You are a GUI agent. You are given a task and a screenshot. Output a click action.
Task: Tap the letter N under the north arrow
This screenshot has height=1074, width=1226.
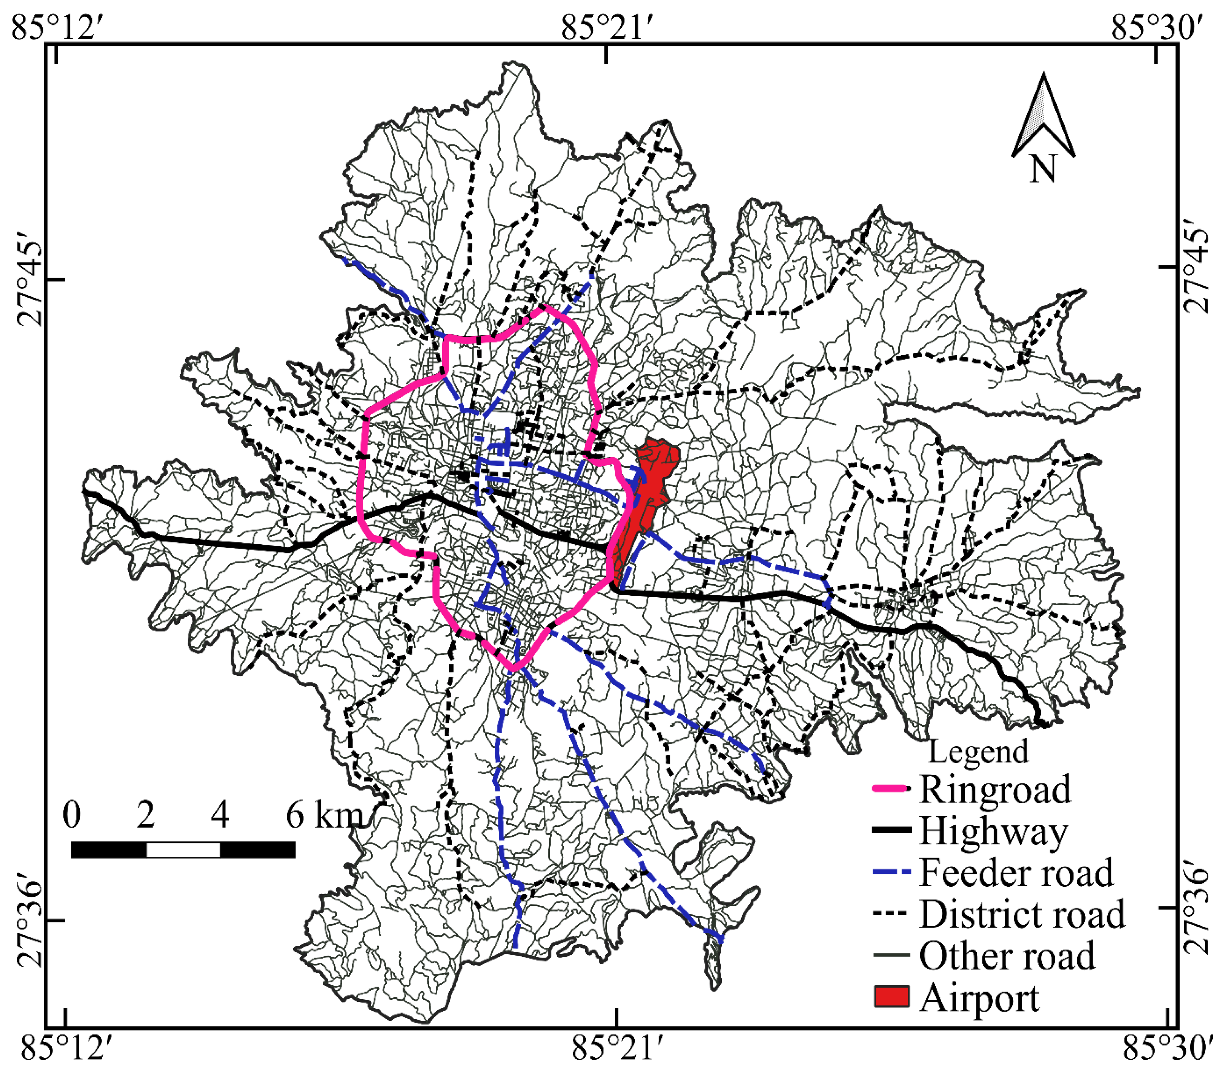(1043, 169)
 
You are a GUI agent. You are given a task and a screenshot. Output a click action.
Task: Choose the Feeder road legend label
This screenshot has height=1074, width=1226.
(1016, 872)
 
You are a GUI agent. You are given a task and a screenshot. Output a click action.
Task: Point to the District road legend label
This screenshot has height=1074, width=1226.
(1022, 915)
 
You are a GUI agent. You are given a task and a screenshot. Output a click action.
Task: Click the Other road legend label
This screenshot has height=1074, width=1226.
(1007, 956)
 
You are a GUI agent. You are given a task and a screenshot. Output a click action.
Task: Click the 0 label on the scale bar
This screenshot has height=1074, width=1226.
(72, 815)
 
